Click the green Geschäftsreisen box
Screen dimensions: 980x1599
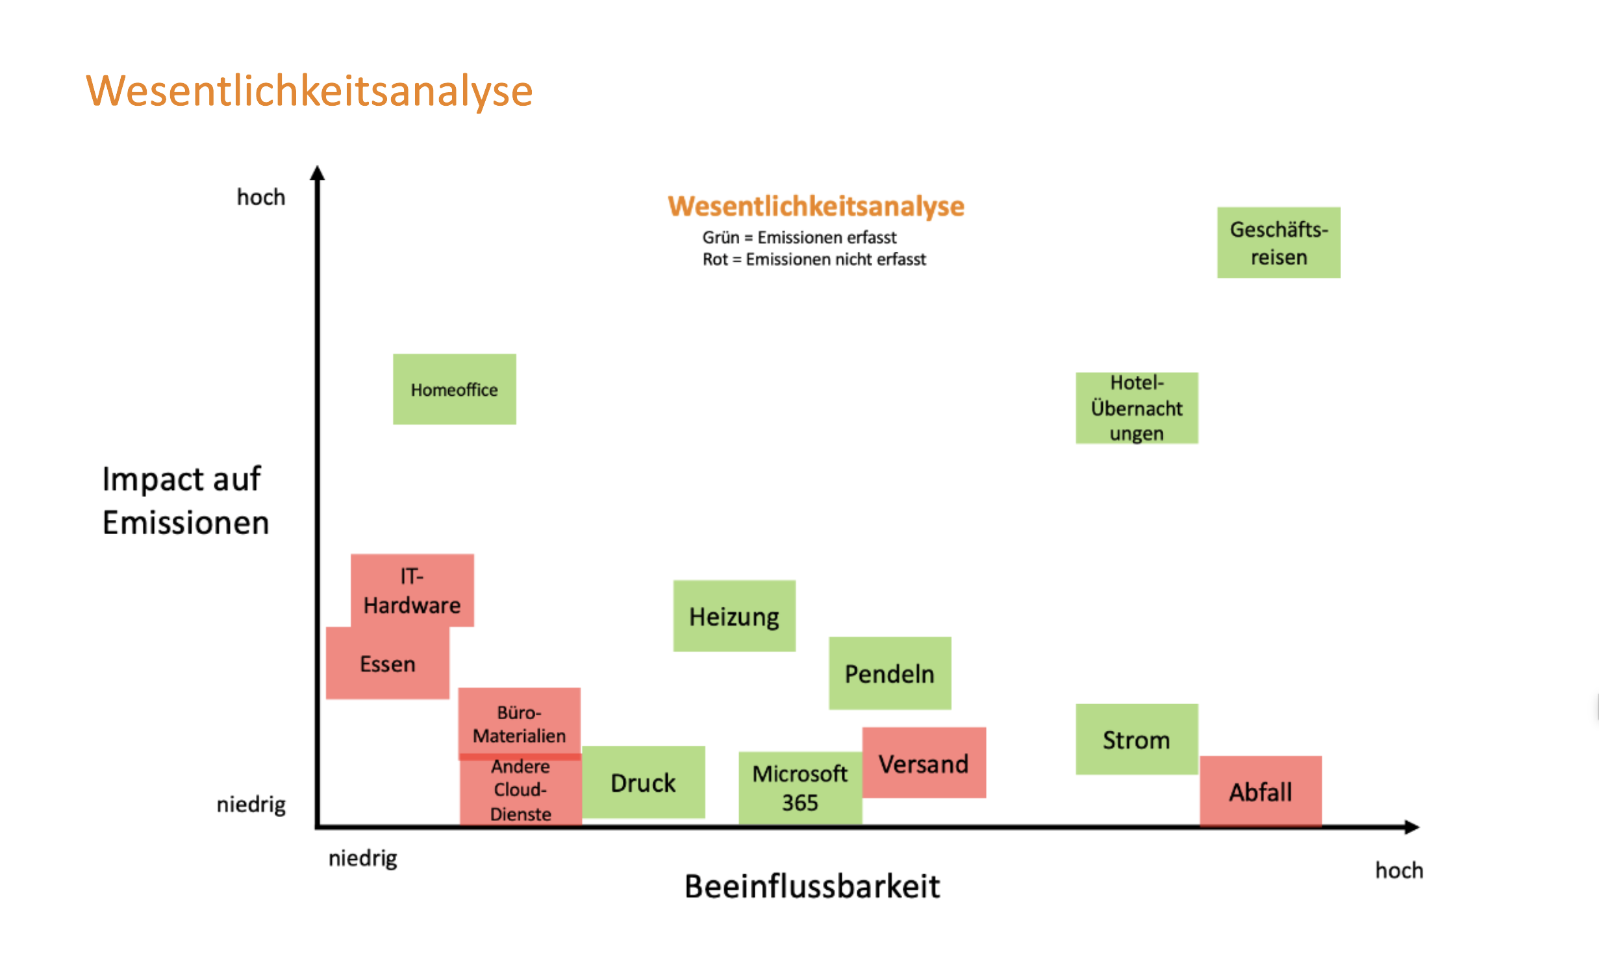click(1278, 243)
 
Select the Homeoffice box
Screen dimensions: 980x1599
click(454, 389)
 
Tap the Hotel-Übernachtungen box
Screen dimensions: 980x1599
click(1137, 408)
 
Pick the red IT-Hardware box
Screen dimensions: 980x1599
click(412, 590)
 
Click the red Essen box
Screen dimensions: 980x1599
click(387, 664)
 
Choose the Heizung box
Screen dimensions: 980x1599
click(734, 616)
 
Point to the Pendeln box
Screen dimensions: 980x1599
click(890, 673)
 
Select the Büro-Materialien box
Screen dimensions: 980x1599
click(519, 722)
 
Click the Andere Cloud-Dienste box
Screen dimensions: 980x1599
click(520, 790)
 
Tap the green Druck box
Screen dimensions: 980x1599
click(643, 782)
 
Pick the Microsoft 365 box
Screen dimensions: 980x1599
click(799, 788)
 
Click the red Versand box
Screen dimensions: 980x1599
click(924, 763)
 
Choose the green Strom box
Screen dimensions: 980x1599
click(1137, 739)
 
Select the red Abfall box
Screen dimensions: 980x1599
click(1260, 791)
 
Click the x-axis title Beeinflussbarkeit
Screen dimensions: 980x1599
click(812, 886)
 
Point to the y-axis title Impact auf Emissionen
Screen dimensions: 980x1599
click(184, 500)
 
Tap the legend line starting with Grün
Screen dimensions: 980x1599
click(799, 238)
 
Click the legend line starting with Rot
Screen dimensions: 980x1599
click(814, 260)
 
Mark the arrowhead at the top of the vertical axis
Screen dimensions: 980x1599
click(317, 173)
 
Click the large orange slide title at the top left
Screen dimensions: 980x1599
click(309, 91)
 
